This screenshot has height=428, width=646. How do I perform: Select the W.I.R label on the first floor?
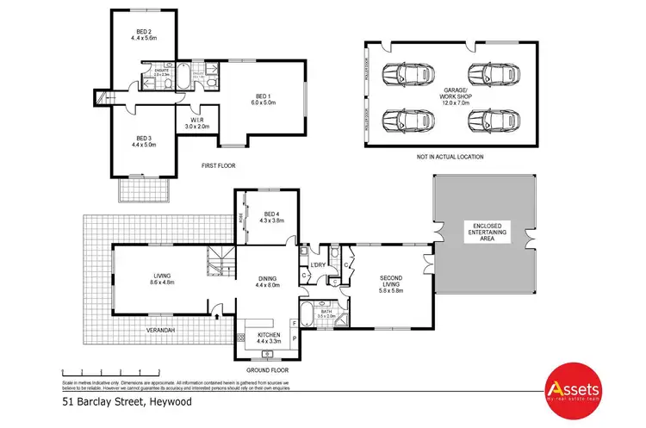click(198, 121)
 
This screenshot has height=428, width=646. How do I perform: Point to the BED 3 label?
click(143, 139)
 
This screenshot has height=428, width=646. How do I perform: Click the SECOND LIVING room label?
click(391, 283)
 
